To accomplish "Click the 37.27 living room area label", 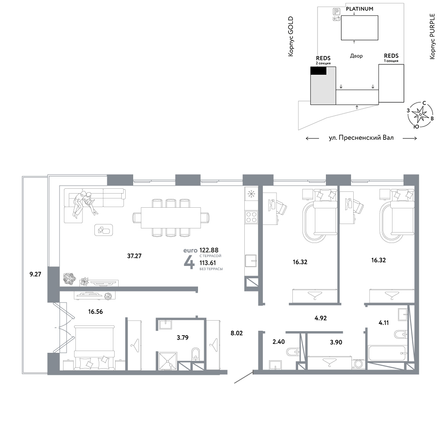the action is (134, 256).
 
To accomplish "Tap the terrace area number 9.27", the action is (35, 274).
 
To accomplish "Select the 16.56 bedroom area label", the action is (95, 312).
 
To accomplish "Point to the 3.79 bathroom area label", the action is (183, 337).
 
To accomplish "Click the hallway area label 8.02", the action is (236, 333).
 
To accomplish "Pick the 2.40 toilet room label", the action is (278, 342).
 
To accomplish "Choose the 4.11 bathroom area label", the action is (384, 323).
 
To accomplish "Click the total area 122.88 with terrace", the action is (209, 250).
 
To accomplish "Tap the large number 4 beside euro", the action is (189, 263).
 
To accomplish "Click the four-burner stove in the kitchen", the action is (251, 217).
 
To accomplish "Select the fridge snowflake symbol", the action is (251, 194).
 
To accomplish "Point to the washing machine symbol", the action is (359, 364).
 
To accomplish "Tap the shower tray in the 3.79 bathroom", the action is (168, 362).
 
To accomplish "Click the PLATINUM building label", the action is (359, 9).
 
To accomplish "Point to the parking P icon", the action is (336, 11).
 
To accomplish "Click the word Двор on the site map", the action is (356, 56).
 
